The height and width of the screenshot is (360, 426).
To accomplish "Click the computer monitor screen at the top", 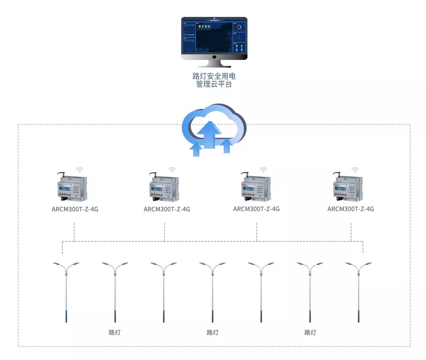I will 214,37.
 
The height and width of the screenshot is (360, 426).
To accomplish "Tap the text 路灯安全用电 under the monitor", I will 214,76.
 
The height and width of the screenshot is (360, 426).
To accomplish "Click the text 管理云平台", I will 214,84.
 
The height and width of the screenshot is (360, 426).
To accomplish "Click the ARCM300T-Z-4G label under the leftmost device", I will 75,209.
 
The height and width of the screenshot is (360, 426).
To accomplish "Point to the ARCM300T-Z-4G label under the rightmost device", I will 351,209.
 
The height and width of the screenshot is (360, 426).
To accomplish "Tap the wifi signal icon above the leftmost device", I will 80,170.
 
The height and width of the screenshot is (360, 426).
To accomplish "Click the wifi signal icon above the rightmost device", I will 355,170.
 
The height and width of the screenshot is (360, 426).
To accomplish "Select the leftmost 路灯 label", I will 114,332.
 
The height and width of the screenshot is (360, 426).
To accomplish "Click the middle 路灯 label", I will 213,332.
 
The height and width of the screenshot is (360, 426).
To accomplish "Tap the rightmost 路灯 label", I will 310,332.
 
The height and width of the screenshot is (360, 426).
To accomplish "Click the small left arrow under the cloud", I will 196,149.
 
